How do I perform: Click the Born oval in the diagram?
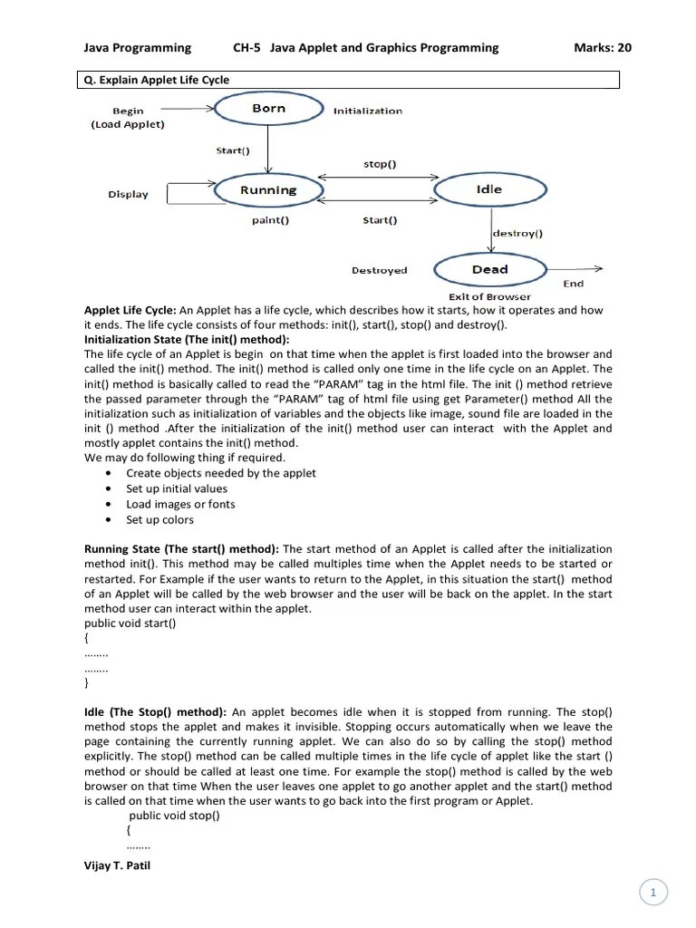(269, 109)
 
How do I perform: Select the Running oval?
(268, 190)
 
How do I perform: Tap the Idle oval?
(489, 189)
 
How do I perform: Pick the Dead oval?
(489, 270)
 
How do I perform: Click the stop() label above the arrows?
(379, 164)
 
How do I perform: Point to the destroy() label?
(517, 233)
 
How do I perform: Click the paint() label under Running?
(270, 219)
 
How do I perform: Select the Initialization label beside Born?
(368, 111)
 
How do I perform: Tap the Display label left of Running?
(128, 194)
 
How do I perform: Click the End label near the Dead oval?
(574, 284)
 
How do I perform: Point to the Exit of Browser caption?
(489, 296)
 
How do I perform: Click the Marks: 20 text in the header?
(603, 48)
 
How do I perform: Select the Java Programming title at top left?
(138, 48)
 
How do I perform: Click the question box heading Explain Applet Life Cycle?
(157, 80)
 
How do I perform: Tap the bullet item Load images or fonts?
(180, 504)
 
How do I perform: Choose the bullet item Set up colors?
(159, 519)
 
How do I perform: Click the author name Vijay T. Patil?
(117, 865)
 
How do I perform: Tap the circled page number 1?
(652, 894)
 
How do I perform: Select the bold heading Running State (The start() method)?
(182, 549)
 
